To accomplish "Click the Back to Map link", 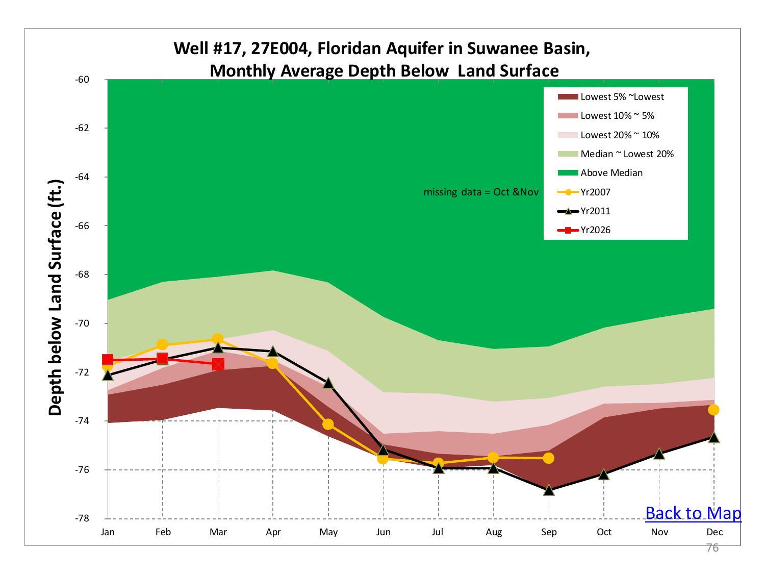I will (x=693, y=513).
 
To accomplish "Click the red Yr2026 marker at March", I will (x=218, y=364).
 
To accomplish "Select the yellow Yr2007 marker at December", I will (x=713, y=410).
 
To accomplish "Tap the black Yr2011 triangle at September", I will (x=549, y=490).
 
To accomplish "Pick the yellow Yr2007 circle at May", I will (x=328, y=424).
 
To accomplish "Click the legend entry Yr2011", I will (x=595, y=211).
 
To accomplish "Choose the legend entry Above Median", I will (x=611, y=173).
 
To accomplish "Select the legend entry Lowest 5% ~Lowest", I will (x=622, y=97).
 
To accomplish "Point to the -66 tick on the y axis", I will (x=82, y=226).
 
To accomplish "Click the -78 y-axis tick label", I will (x=82, y=518).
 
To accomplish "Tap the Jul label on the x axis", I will (x=438, y=532).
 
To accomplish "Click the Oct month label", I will (x=604, y=532).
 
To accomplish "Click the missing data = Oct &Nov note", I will (x=480, y=192).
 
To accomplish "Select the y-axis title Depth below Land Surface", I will (x=56, y=298).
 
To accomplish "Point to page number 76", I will (x=712, y=548).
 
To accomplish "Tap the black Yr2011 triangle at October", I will (x=604, y=475).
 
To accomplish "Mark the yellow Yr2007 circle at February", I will (x=163, y=344).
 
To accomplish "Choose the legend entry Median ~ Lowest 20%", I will (x=627, y=154).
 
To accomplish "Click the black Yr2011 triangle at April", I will (x=273, y=351).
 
